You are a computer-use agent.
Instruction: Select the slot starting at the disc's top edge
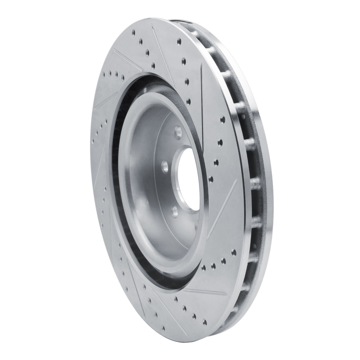point(160,49)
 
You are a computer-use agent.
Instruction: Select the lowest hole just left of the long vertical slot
point(189,101)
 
